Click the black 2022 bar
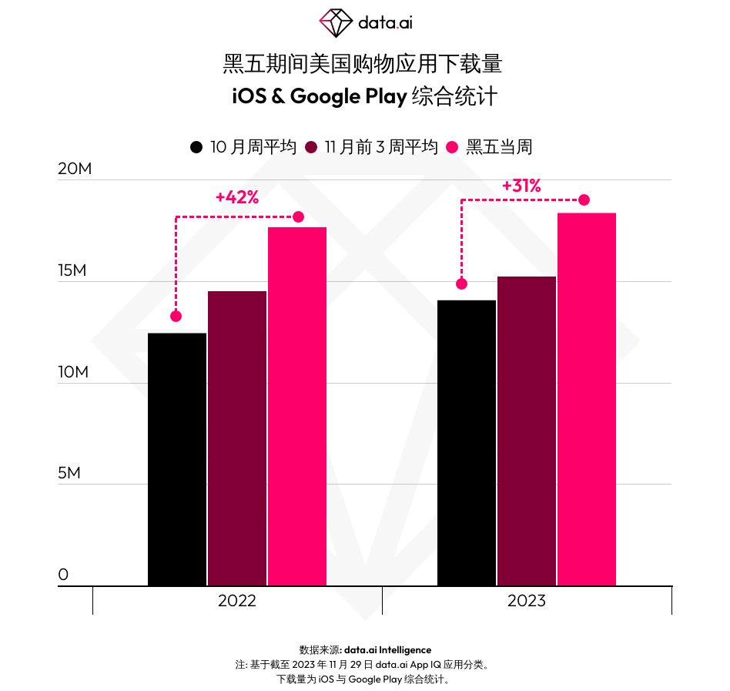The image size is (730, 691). (x=177, y=459)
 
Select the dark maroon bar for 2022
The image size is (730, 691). (x=237, y=438)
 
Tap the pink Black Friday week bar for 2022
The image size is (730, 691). (x=297, y=406)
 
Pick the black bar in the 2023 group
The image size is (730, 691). (x=467, y=443)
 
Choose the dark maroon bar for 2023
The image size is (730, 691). (x=527, y=431)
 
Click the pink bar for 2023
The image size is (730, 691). (x=587, y=399)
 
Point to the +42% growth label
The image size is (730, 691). (x=237, y=197)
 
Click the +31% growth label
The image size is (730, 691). (x=521, y=186)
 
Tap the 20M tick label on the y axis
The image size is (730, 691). (x=75, y=169)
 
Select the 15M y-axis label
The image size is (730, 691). (x=75, y=270)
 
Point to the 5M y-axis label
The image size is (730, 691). (x=69, y=473)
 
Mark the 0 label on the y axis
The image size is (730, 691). (x=63, y=575)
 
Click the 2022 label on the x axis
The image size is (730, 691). (x=237, y=601)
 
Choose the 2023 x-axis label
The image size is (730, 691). (x=527, y=601)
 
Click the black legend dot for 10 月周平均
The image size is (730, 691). (x=196, y=147)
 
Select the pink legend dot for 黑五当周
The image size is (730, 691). (x=453, y=147)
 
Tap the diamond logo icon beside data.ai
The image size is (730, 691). (x=336, y=23)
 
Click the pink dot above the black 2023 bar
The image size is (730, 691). (x=461, y=283)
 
